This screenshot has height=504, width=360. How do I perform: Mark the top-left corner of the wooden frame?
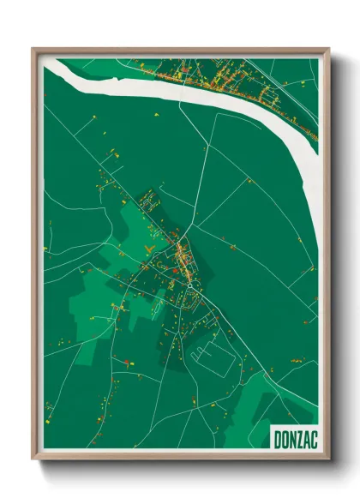(x=33, y=49)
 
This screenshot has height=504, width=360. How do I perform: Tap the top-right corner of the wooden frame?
(x=328, y=49)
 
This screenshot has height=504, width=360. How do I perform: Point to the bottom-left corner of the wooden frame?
(x=33, y=459)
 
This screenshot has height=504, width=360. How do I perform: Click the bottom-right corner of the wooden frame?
(x=328, y=459)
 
